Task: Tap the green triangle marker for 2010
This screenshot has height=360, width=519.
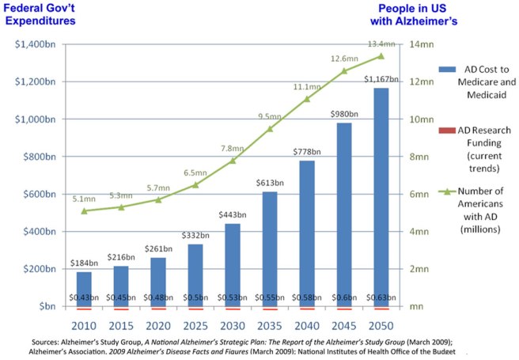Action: tap(84, 210)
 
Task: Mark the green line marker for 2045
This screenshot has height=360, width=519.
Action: tap(343, 70)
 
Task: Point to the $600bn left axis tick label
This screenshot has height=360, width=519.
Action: tap(40, 194)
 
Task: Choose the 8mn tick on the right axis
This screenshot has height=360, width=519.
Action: tap(418, 157)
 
